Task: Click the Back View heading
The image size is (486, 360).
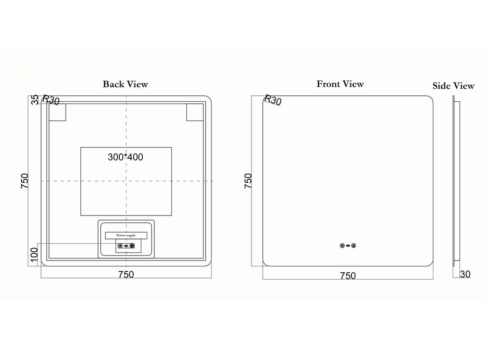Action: [126, 84]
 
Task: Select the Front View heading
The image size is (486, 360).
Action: [340, 84]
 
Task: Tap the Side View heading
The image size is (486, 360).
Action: [454, 85]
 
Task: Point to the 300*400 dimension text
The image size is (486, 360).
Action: [126, 157]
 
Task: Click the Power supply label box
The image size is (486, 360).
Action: [126, 235]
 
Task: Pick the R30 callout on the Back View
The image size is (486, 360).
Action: [50, 100]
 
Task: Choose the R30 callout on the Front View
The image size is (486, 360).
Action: [273, 100]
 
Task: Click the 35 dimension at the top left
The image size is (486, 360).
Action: [36, 99]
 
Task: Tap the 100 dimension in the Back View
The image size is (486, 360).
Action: [34, 255]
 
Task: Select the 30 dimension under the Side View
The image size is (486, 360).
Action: [465, 274]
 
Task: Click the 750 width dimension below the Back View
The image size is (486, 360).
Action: [126, 274]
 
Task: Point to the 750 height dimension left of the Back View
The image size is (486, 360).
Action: [24, 181]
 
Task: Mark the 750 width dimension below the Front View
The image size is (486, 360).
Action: [348, 276]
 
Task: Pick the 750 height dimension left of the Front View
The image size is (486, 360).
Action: [248, 181]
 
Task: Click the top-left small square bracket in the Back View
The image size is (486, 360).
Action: [58, 112]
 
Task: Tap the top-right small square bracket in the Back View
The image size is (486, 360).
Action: [195, 112]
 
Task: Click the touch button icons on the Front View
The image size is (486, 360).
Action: [348, 246]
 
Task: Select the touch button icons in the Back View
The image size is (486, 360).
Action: [126, 246]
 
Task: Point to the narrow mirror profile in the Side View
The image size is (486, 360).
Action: [456, 181]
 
